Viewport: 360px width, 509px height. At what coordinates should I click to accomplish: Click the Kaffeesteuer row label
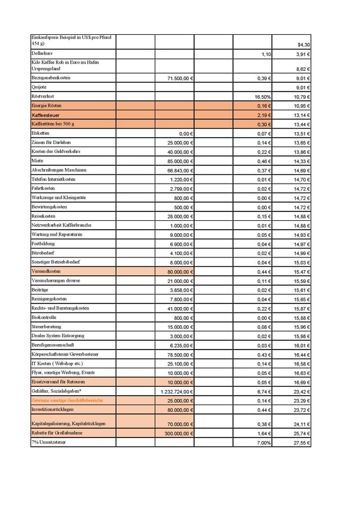pyautogui.click(x=45, y=115)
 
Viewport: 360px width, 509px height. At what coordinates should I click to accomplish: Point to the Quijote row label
pyautogui.click(x=40, y=87)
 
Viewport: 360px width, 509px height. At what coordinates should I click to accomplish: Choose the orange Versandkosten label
pyautogui.click(x=47, y=271)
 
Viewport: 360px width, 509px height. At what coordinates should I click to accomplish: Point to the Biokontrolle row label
pyautogui.click(x=44, y=317)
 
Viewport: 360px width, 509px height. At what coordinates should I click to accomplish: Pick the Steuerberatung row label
pyautogui.click(x=46, y=327)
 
